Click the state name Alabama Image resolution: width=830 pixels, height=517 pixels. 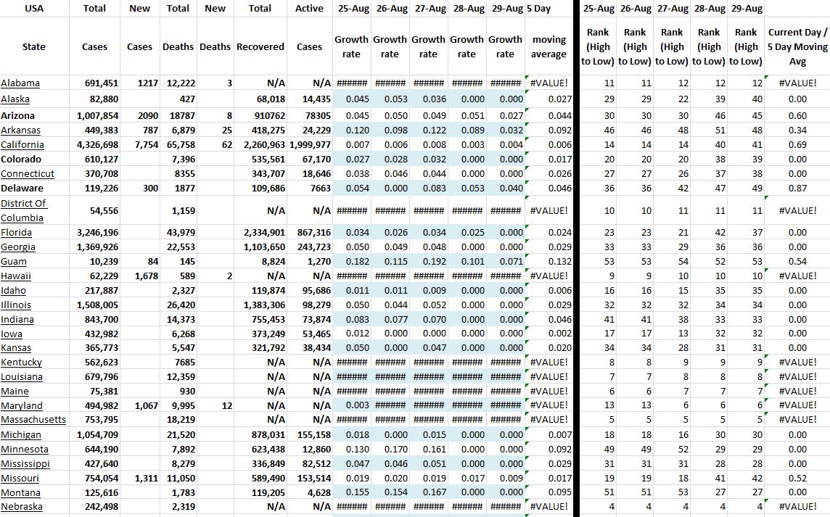(20, 83)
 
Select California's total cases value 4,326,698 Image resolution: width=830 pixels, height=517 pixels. (97, 145)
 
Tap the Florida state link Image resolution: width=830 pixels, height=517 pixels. (17, 233)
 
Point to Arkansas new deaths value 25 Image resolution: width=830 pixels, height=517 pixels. (226, 131)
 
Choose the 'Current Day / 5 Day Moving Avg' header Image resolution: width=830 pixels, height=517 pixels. (797, 47)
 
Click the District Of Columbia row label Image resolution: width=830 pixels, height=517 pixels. (24, 210)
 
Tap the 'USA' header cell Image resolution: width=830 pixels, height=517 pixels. (33, 9)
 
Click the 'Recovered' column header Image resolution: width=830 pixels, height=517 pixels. (260, 46)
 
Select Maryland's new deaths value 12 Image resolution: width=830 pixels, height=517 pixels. (226, 406)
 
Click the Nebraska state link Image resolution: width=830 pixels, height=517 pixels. (22, 507)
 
